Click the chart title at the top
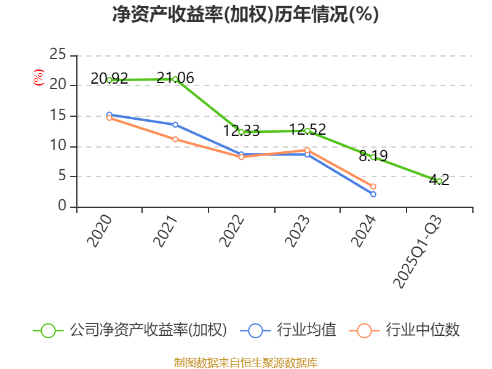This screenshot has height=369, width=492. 245,15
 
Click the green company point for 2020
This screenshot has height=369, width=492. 109,80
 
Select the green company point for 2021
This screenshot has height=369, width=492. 175,79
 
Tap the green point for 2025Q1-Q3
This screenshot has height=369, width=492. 439,181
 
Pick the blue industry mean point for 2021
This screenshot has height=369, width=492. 175,125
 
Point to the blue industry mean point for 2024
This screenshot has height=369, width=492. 373,194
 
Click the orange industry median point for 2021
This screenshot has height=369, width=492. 175,139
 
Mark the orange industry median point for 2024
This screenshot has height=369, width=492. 373,186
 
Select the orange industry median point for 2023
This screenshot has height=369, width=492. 307,150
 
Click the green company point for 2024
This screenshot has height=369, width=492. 373,157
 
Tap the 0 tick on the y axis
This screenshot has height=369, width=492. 62,207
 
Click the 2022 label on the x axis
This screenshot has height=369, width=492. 232,232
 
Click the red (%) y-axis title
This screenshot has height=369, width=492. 39,77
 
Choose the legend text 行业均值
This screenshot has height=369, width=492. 306,330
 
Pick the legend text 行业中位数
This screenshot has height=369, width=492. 423,330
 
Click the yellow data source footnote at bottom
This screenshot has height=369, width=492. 245,362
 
